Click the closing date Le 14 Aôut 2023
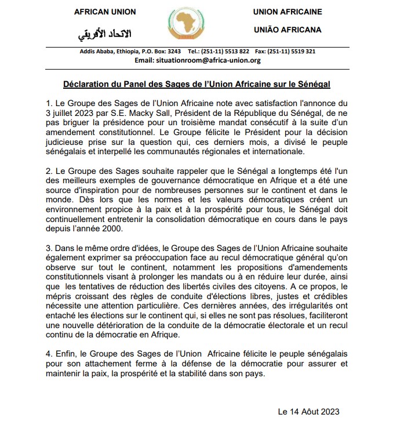coord(308,412)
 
